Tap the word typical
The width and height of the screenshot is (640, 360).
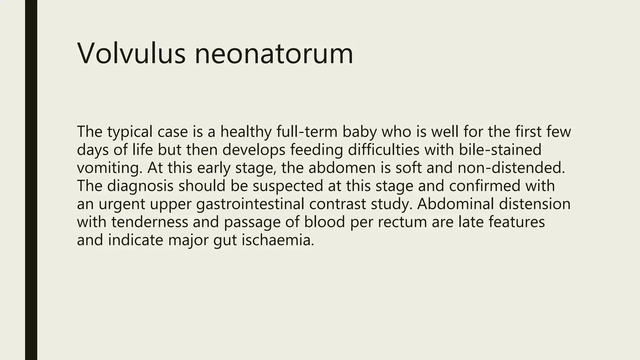coord(130,132)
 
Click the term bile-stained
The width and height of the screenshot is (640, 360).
coord(500,149)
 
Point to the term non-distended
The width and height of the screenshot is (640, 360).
coord(511,167)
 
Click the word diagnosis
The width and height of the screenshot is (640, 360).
coord(140,186)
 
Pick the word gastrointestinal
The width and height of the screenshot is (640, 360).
coord(250,204)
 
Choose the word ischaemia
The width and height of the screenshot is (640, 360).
coord(278,240)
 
